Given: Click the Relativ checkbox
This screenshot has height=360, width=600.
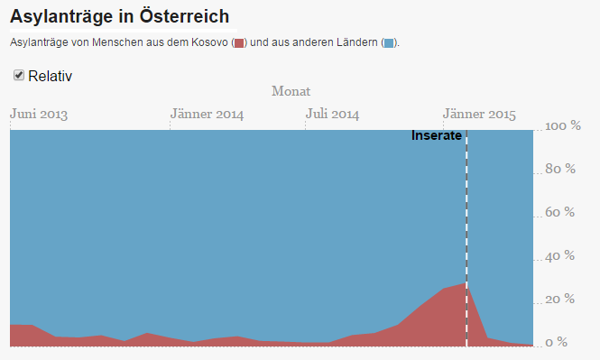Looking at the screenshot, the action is pos(19,75).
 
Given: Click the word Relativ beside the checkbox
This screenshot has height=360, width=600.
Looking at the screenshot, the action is pos(51,76).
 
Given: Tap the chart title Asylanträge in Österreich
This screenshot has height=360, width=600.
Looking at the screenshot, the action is pos(119,16).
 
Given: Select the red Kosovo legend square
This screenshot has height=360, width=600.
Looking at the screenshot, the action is pos(239,42).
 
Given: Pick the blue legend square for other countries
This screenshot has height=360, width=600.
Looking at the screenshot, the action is pos(389,42).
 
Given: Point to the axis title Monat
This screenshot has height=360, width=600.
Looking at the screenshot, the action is pos(291,91).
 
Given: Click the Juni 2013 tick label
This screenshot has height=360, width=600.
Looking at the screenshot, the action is pos(39,114).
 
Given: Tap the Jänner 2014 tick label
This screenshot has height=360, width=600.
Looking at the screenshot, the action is pos(207,114).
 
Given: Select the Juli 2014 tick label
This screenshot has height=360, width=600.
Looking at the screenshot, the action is pos(332,114).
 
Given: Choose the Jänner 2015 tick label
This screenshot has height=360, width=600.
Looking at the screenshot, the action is pos(479,114).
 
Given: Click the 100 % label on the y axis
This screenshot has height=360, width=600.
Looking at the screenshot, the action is pos(563,125).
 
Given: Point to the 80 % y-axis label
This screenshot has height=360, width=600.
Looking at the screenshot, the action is pos(560,169).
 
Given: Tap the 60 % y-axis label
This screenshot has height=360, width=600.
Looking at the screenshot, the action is pos(559,212).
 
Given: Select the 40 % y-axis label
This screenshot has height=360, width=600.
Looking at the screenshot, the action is pos(559,256).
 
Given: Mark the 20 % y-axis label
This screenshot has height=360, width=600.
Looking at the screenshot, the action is pos(559,300).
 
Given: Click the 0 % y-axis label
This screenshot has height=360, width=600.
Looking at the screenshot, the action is pos(557,342).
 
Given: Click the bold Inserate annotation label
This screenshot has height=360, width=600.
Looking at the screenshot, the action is pos(437,135).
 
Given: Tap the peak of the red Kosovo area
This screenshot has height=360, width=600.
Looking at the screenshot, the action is pos(466,282).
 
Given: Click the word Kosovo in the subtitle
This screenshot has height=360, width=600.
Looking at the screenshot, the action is pos(209,42).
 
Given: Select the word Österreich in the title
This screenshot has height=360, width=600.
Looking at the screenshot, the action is pos(184,16).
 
